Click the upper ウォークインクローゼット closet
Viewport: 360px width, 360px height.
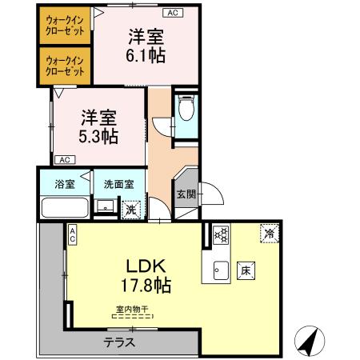point(66,25)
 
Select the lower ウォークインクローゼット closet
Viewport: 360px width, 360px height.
point(66,65)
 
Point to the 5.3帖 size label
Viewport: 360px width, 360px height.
point(98,134)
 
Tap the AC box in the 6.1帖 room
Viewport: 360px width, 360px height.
point(172,14)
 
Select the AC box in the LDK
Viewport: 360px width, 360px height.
point(72,234)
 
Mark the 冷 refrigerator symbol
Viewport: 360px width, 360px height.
point(270,234)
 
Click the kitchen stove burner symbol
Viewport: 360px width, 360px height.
point(221,234)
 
